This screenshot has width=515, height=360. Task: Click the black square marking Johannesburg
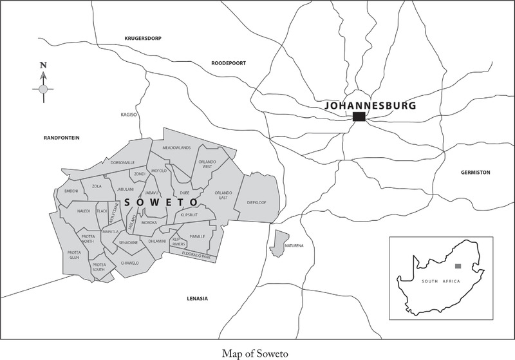359,117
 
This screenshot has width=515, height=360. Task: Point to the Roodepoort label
229,62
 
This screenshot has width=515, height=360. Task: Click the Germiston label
476,173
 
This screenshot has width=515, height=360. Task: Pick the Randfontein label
61,137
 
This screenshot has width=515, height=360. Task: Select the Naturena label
294,246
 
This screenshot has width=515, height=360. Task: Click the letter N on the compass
42,65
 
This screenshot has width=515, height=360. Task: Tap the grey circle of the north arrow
42,89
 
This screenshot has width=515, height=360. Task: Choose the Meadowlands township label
177,147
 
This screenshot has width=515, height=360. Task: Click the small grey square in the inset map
458,266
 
